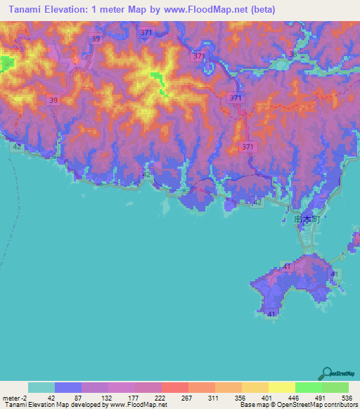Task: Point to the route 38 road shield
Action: click(x=293, y=54)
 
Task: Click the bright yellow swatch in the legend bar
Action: click(x=281, y=387)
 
